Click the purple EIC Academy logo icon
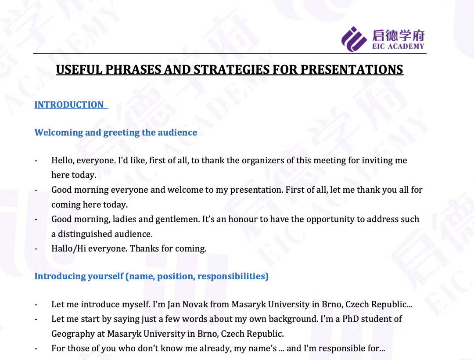pyautogui.click(x=354, y=39)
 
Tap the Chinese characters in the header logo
pyautogui.click(x=398, y=36)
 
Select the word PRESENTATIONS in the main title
pyautogui.click(x=352, y=69)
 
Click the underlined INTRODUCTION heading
pyautogui.click(x=69, y=104)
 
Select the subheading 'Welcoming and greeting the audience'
pyautogui.click(x=116, y=133)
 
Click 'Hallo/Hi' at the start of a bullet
pyautogui.click(x=68, y=248)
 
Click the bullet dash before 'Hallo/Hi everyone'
pyautogui.click(x=36, y=249)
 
